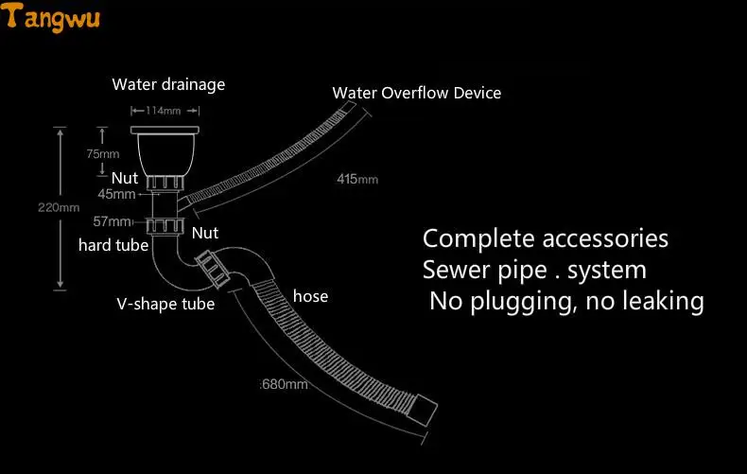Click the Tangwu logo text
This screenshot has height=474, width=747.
coord(54,17)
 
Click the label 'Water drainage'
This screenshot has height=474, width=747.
coord(168,84)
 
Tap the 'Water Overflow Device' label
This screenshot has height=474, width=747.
coord(416,93)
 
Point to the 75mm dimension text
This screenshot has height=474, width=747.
coord(103,153)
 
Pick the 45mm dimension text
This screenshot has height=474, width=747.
coord(116,194)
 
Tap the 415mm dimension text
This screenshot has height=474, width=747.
coord(357,179)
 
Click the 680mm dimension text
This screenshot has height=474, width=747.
coord(285,384)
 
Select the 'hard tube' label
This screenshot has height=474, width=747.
coord(113,246)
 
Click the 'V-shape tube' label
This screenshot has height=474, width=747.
coord(165,304)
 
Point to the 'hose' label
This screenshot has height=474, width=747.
coord(310,296)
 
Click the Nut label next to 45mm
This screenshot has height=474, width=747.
coord(125,177)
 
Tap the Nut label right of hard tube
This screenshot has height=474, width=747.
coord(205,233)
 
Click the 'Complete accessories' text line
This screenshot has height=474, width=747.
coord(546,237)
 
